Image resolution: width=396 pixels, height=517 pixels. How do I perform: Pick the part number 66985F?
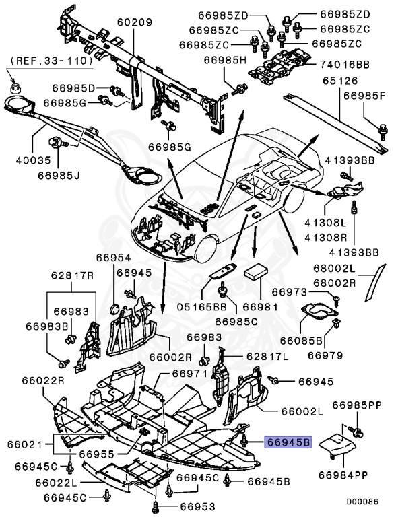(x=365, y=96)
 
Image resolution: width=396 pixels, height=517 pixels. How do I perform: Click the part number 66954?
(x=112, y=258)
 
